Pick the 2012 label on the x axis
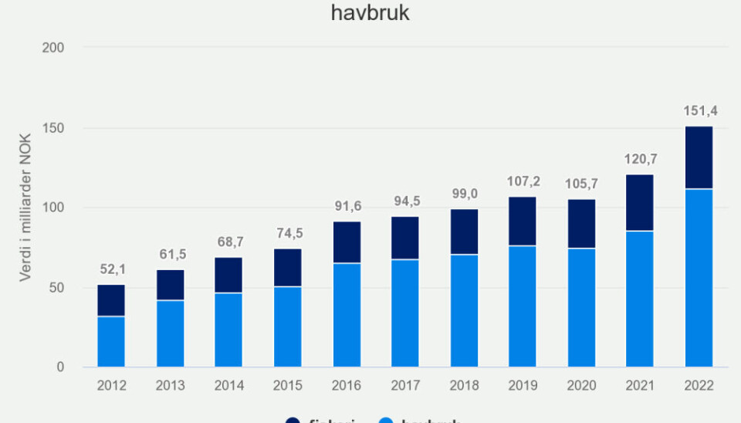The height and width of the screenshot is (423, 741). (111, 384)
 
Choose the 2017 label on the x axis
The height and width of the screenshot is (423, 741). (405, 384)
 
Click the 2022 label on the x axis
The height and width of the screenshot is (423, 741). (699, 384)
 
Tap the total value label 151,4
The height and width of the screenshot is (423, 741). (700, 111)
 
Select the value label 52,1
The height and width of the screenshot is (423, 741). (111, 269)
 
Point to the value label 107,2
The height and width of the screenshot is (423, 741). (523, 181)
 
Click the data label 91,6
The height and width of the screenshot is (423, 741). (347, 206)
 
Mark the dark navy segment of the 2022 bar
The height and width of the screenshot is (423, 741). (699, 157)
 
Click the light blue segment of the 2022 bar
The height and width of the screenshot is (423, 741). (699, 278)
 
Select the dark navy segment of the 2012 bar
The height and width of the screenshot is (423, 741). (111, 300)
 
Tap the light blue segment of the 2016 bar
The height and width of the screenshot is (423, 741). (347, 315)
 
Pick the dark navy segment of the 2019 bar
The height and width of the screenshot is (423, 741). (523, 222)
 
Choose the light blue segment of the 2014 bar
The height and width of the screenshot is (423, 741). (228, 330)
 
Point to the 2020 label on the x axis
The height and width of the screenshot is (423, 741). (581, 384)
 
